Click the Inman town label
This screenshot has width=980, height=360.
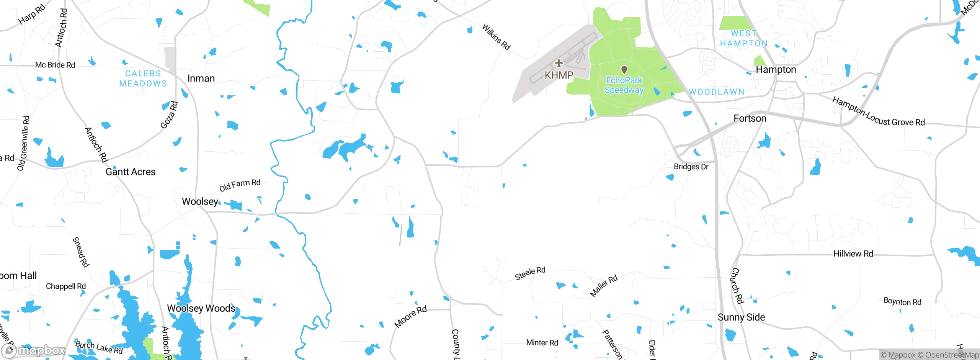coord(201,79)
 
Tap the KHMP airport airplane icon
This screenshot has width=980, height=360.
coord(559,63)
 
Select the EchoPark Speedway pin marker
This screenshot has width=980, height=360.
coord(624,70)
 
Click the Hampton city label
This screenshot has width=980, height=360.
coord(776,70)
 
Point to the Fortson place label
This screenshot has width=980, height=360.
coord(750,119)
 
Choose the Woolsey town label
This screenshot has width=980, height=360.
coord(200,201)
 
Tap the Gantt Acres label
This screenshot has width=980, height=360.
coord(131,172)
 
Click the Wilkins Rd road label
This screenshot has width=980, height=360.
coord(496,37)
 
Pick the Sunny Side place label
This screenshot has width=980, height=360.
coord(741,317)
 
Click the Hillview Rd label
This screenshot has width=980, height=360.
coord(853,254)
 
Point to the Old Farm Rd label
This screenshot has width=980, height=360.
coord(240,185)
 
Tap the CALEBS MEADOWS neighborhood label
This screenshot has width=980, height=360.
coord(143,79)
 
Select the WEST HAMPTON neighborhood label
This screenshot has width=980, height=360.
coord(744,38)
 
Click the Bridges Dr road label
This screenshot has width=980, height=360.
coord(691,167)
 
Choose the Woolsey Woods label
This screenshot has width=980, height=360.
coord(201,308)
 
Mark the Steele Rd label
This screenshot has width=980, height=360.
coord(530,273)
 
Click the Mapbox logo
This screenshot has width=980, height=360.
coord(34,350)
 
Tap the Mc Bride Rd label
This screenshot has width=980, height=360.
coord(55,65)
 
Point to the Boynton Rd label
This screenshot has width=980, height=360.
coord(902,302)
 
